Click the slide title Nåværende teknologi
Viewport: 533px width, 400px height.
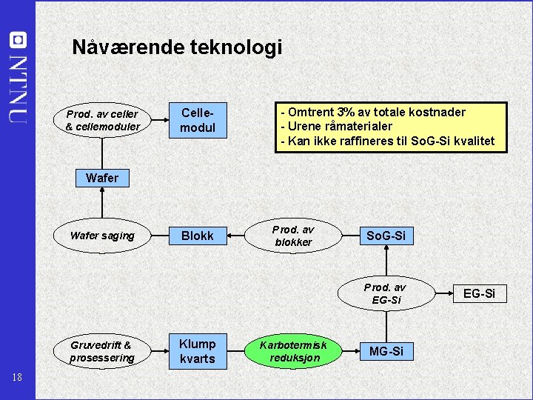pos(177,47)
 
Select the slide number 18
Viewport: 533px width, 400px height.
pos(18,378)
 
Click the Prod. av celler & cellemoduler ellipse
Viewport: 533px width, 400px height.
pos(102,121)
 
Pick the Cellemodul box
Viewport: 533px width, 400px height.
pos(198,120)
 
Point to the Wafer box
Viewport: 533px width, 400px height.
pos(101,178)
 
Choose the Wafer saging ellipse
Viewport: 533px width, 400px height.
pos(102,236)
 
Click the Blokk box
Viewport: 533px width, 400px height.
pos(198,236)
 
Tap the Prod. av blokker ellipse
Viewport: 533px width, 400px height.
pos(294,236)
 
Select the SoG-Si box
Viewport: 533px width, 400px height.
pos(386,236)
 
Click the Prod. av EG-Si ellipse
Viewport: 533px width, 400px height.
pos(386,293)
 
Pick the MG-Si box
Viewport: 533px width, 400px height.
pos(386,351)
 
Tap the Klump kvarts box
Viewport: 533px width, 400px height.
pos(198,351)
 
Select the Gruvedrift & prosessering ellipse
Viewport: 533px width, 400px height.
pos(102,351)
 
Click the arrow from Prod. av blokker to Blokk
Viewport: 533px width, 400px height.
pos(238,236)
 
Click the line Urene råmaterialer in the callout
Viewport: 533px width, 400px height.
pos(336,127)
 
